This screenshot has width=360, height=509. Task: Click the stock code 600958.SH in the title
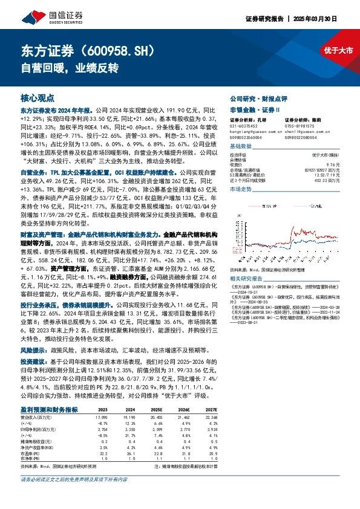click(x=118, y=49)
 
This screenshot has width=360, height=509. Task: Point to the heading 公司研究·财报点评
click(x=254, y=97)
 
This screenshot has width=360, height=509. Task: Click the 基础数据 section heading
click(x=240, y=147)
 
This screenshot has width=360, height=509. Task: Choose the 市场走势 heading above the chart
click(x=240, y=189)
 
